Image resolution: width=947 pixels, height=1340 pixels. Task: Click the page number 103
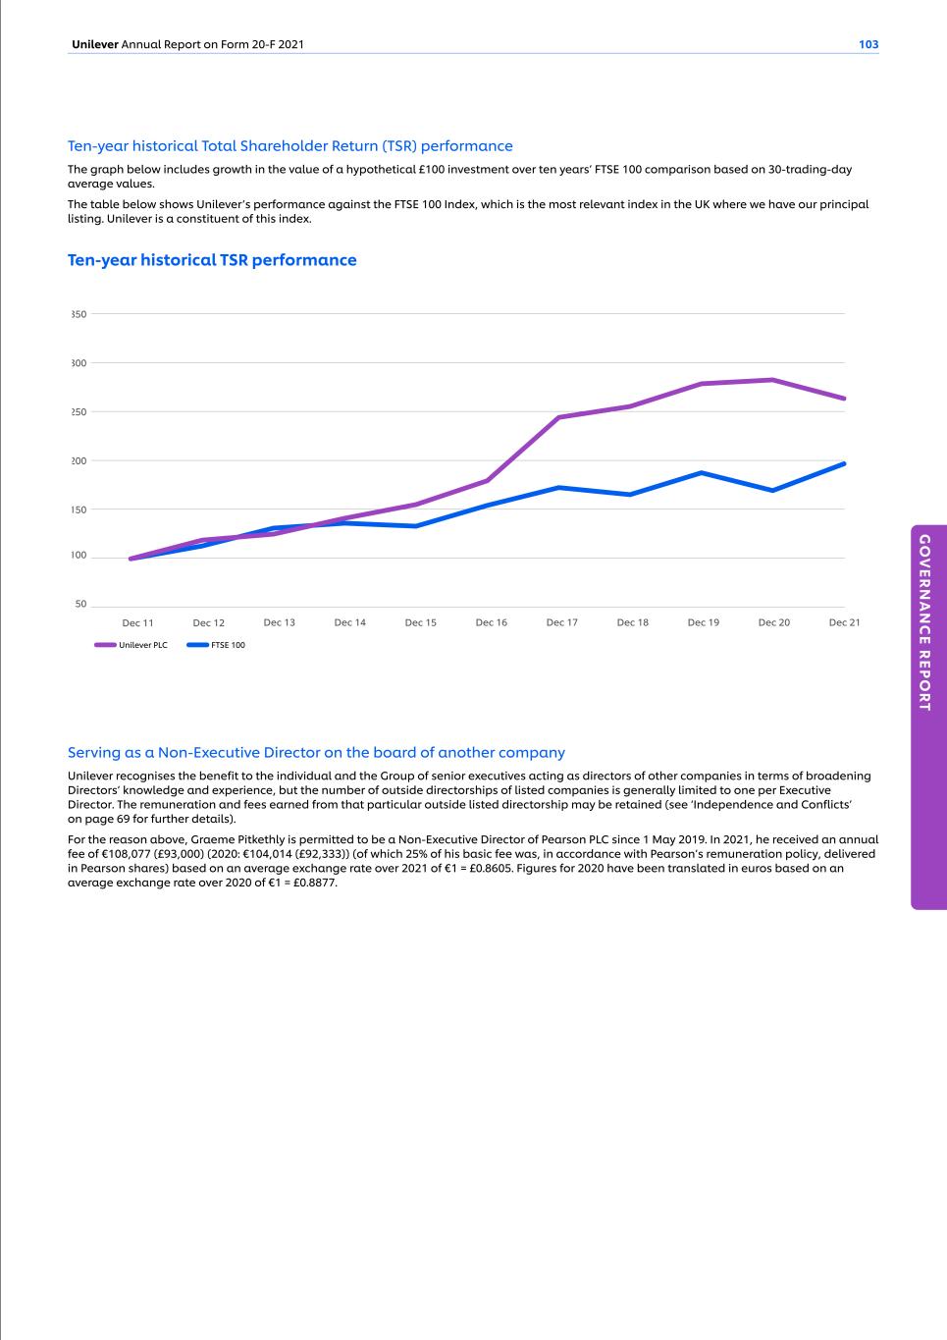pos(868,44)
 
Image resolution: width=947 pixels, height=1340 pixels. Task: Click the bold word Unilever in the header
pos(94,44)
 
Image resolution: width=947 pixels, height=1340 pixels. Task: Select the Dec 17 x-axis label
pos(561,622)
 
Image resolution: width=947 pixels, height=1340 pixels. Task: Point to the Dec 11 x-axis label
pos(137,622)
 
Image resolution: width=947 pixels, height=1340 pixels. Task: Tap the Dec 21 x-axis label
pos(844,622)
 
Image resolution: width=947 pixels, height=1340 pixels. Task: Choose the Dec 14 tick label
pos(349,622)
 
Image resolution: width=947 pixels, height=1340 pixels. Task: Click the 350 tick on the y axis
pos(79,314)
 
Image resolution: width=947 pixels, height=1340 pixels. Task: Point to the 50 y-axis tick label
pos(80,605)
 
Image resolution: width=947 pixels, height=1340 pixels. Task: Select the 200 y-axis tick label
pos(79,460)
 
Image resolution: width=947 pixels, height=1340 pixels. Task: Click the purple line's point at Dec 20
pos(773,380)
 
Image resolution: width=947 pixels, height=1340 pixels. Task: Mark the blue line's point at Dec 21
pos(844,463)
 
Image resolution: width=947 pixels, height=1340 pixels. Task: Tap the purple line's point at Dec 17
pos(558,417)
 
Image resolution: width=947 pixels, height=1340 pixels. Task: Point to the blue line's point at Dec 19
pos(703,472)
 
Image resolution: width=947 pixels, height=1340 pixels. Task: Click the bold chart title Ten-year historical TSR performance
pos(212,260)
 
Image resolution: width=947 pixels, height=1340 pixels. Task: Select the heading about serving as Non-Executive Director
pos(316,753)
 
